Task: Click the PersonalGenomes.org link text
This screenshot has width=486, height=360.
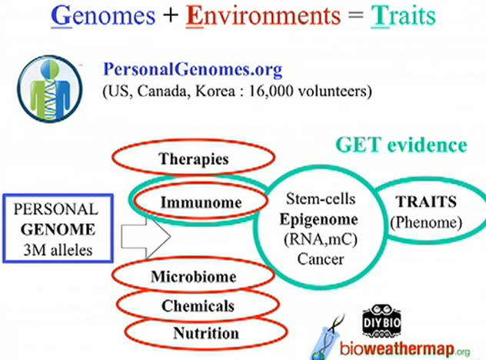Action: coord(192,70)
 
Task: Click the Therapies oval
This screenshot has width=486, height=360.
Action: coord(194,159)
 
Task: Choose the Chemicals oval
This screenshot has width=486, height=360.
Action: coord(198,305)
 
